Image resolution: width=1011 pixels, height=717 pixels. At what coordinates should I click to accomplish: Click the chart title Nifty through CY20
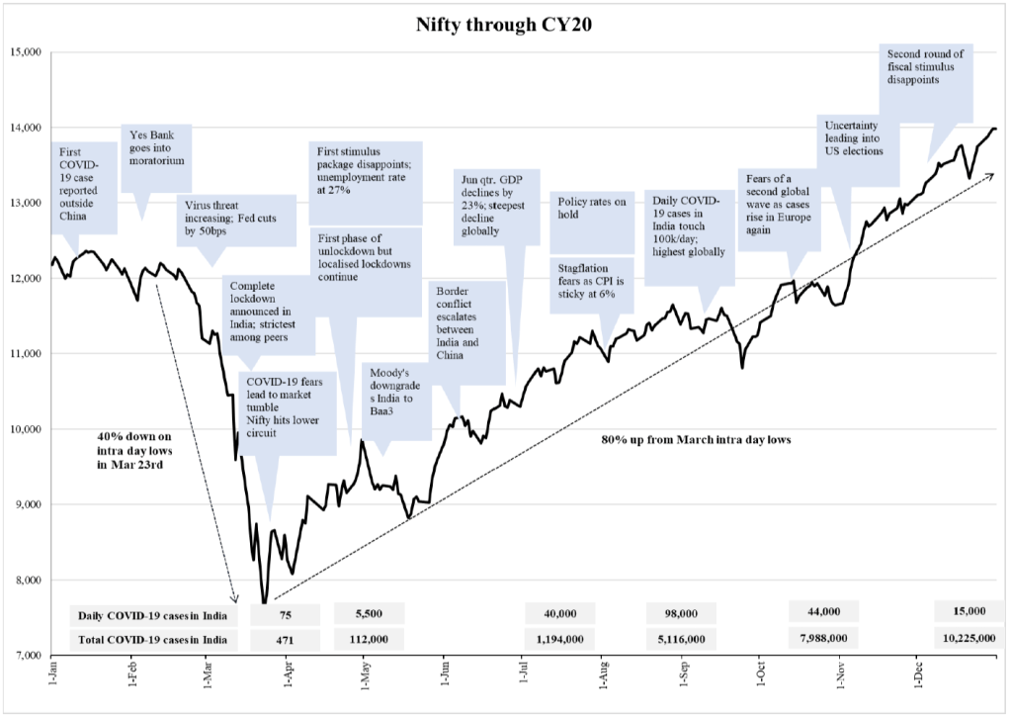[506, 25]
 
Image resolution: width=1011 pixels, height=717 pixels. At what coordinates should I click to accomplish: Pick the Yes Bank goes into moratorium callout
[156, 146]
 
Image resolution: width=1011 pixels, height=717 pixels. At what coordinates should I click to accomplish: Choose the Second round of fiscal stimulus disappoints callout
[925, 66]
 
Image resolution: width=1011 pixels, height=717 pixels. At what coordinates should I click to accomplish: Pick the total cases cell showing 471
[285, 639]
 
